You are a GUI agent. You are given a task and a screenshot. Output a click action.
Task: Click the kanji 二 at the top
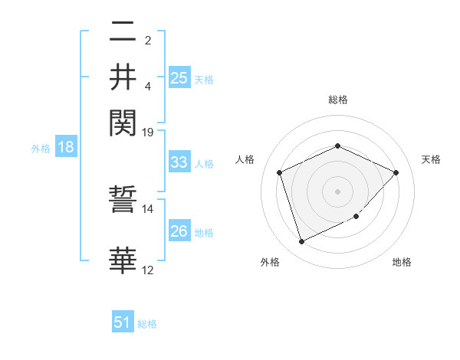123,32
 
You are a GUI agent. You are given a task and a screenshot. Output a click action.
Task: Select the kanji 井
123,77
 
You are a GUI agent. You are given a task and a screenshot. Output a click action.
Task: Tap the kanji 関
123,120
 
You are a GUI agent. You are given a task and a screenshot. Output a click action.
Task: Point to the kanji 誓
123,205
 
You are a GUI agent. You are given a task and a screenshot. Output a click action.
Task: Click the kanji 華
123,260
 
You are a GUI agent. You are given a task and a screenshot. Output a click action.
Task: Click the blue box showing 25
179,78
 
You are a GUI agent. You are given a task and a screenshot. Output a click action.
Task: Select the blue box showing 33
179,162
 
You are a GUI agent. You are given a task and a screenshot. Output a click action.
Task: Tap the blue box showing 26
179,231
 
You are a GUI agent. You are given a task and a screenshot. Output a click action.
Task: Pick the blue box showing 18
65,148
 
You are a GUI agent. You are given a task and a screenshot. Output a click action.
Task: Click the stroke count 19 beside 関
148,132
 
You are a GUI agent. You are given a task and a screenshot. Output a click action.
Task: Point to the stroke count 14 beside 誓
148,208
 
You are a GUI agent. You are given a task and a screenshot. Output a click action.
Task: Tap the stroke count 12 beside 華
148,270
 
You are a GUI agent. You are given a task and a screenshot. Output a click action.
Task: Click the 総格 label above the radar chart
337,100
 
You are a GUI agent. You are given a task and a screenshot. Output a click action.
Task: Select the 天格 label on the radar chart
432,159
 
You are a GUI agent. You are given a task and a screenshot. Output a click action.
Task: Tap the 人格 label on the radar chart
245,159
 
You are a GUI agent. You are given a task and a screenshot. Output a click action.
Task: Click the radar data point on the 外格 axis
301,242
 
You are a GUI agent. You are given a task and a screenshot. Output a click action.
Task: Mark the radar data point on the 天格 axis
396,172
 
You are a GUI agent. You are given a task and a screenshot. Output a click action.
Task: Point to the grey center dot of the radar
337,191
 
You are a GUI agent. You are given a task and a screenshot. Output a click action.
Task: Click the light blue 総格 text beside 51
147,324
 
